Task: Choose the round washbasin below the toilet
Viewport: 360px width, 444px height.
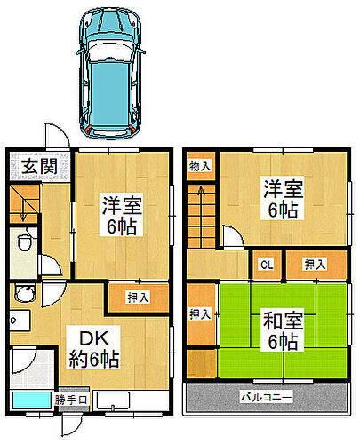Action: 25,297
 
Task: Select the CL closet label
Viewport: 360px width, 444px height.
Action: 266,264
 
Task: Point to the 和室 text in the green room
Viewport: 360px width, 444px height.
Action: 277,318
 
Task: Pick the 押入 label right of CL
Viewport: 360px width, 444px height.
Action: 313,264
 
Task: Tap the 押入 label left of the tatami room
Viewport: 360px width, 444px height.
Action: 200,313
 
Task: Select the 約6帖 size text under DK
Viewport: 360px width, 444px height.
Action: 95,360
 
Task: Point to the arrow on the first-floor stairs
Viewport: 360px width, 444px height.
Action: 24,210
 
